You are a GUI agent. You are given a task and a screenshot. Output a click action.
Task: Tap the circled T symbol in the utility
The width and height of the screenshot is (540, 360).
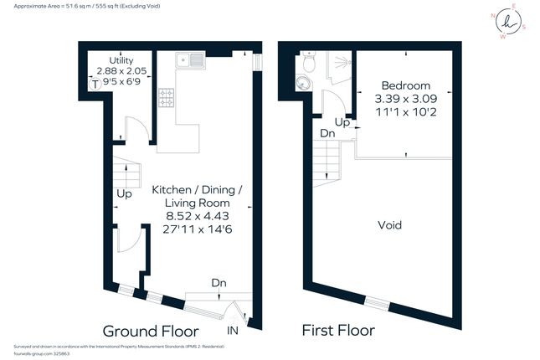coord(95,84)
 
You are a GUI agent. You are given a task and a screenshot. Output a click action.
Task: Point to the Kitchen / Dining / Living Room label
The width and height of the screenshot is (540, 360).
coord(198,197)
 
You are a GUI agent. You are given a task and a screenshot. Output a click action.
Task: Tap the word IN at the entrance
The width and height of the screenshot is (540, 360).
coord(232,332)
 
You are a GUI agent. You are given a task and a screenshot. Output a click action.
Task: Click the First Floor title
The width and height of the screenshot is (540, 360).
coord(338,330)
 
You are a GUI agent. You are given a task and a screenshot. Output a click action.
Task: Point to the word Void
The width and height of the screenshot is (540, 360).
coord(390,225)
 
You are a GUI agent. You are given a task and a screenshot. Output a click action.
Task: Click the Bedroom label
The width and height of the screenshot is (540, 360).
coord(405,85)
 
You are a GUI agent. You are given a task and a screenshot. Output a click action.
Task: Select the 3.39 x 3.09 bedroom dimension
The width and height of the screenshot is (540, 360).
coord(405,98)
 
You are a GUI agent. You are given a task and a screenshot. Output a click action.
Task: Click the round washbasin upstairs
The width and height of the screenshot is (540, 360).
coord(302,83)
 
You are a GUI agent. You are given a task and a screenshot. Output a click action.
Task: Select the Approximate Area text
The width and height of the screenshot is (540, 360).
coord(83,5)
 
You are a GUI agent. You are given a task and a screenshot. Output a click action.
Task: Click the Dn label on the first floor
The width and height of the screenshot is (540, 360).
coord(327,133)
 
